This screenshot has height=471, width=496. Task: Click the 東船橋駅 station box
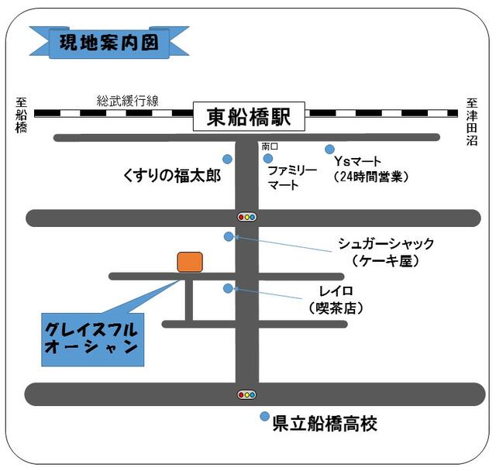click(249, 116)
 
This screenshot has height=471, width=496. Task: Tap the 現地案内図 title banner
click(109, 43)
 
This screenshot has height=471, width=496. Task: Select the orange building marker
click(190, 262)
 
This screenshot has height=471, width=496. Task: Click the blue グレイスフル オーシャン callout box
click(93, 339)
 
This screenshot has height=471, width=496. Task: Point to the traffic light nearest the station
click(246, 217)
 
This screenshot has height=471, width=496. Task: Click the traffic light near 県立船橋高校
click(246, 395)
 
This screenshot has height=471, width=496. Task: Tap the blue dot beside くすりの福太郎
click(227, 159)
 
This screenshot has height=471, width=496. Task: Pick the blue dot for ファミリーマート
click(267, 158)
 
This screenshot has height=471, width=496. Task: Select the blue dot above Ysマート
click(329, 149)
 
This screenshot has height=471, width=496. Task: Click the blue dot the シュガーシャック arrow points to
click(229, 236)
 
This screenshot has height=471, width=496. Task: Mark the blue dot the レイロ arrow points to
click(228, 288)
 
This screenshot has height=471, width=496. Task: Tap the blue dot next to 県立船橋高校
click(264, 416)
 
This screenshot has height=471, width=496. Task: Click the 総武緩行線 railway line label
click(127, 101)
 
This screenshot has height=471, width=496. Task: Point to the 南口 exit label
click(270, 146)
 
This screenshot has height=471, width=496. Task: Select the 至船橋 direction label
click(21, 115)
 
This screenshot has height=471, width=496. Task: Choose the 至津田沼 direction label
click(472, 122)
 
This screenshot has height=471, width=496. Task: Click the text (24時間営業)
click(371, 177)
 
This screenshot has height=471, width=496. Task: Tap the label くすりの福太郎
click(172, 175)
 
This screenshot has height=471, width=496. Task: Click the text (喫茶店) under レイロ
click(336, 308)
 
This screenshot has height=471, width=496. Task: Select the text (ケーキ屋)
click(385, 261)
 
